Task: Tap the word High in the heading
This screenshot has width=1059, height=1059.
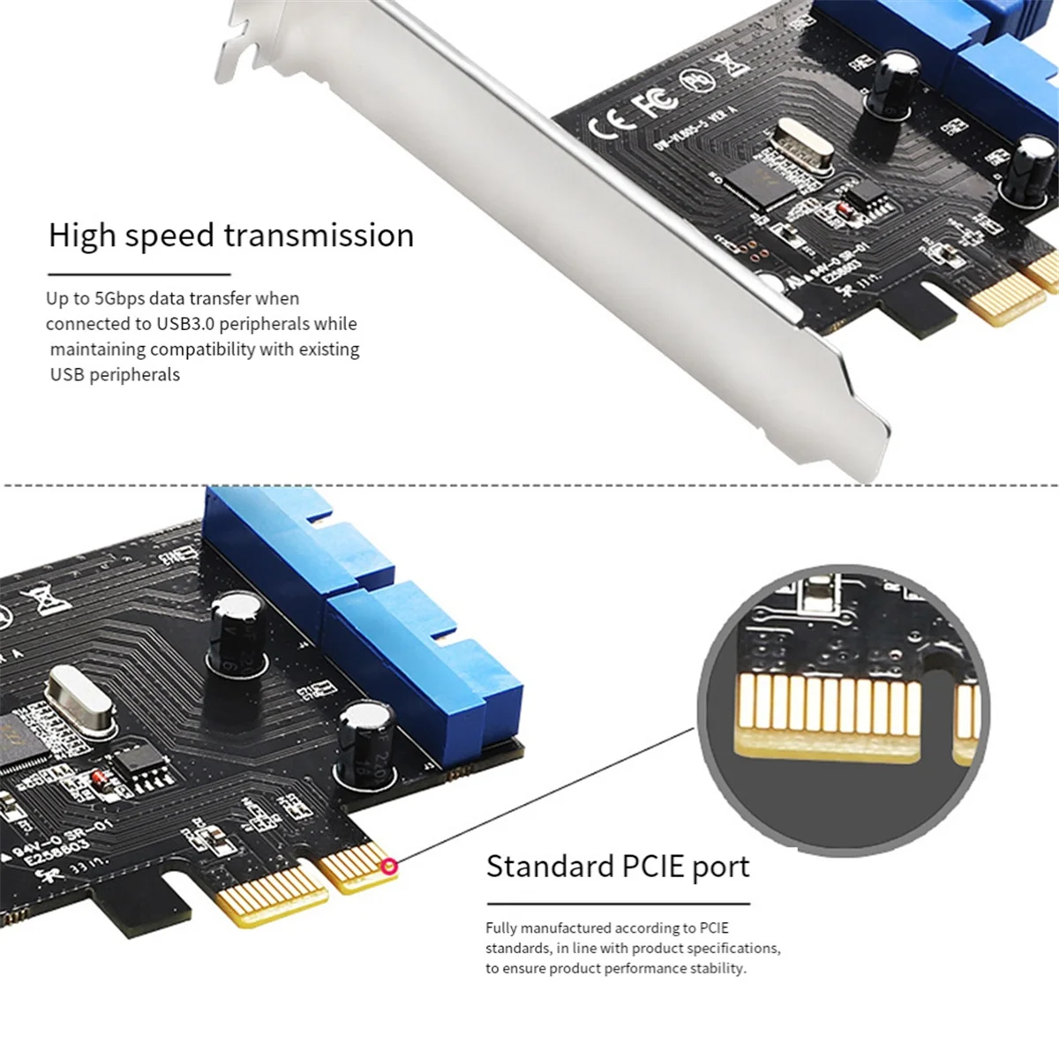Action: tap(82, 236)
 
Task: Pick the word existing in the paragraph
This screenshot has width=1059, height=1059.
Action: tap(329, 349)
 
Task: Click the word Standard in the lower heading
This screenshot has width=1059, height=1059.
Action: tap(549, 867)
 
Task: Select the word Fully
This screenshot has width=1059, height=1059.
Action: tap(500, 928)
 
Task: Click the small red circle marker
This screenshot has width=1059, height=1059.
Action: tap(388, 867)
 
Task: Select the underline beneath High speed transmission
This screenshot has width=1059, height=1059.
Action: tap(139, 274)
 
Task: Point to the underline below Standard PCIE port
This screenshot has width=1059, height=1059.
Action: tap(618, 904)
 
